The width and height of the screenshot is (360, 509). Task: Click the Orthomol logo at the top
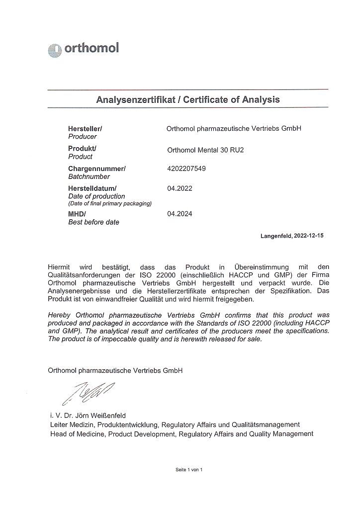click(84, 49)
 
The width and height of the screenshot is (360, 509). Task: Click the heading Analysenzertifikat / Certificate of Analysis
click(188, 99)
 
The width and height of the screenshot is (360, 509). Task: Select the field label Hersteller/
click(85, 128)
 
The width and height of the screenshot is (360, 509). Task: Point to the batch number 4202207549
click(186, 169)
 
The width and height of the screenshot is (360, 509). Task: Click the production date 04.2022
click(180, 188)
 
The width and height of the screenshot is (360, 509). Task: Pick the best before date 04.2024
click(180, 214)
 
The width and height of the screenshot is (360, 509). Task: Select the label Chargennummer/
click(96, 169)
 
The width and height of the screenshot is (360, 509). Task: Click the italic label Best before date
click(93, 222)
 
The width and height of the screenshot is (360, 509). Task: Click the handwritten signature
click(88, 391)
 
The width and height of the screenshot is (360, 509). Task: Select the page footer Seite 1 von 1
click(189, 470)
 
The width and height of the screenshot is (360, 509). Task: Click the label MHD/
click(77, 214)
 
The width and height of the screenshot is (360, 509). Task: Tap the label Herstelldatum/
click(92, 188)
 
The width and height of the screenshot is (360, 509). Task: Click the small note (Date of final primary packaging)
click(109, 204)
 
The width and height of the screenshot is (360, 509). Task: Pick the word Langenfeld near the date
click(274, 236)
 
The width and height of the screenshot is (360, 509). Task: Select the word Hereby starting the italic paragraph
click(60, 315)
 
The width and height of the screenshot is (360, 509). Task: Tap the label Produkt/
click(82, 148)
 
